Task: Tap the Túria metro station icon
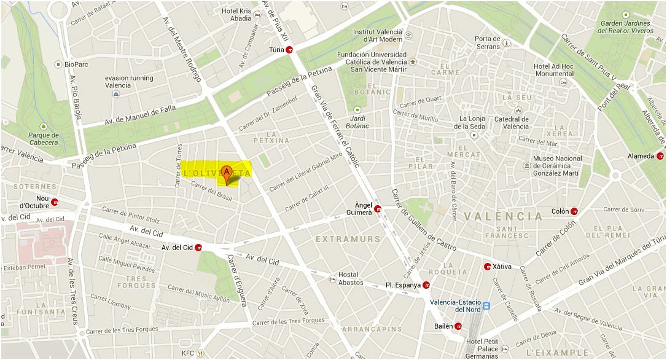(x=290, y=50)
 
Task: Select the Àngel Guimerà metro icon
(x=378, y=209)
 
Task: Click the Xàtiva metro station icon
(x=487, y=267)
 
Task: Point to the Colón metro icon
(x=574, y=211)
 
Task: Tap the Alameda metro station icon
(x=660, y=156)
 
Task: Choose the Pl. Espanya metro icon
(x=426, y=285)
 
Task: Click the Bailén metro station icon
(x=458, y=326)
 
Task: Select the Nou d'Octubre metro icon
(x=55, y=202)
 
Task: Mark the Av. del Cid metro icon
(x=198, y=248)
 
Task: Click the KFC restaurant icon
(x=200, y=353)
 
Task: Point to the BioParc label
(x=76, y=63)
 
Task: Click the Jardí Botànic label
(x=359, y=122)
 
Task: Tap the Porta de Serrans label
(x=488, y=42)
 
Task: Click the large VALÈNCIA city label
(x=504, y=216)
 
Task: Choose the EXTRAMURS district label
(x=348, y=238)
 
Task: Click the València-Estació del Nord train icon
(x=486, y=305)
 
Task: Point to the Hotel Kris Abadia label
(x=236, y=15)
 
